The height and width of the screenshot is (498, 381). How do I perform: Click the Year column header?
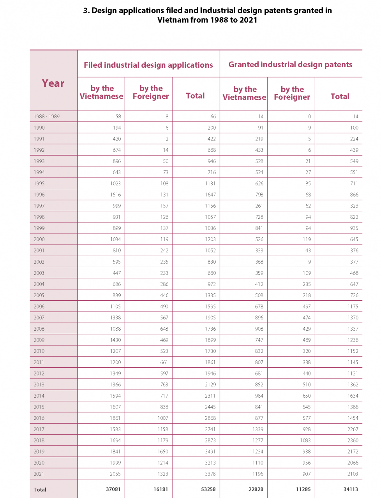pyautogui.click(x=53, y=83)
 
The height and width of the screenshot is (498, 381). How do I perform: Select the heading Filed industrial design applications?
pyautogui.click(x=148, y=65)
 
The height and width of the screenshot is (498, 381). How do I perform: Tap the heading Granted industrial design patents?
pyautogui.click(x=290, y=65)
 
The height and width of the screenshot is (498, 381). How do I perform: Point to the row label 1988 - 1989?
pyautogui.click(x=47, y=116)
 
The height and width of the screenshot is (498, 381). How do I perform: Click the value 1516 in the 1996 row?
pyautogui.click(x=115, y=195)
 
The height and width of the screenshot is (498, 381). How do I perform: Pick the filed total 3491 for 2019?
pyautogui.click(x=210, y=452)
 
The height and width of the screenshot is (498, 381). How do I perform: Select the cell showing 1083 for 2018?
pyautogui.click(x=305, y=440)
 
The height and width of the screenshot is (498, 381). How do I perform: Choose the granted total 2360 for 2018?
pyautogui.click(x=353, y=440)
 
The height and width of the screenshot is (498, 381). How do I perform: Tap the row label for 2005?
pyautogui.click(x=39, y=295)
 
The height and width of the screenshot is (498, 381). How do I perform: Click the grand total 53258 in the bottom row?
pyautogui.click(x=208, y=489)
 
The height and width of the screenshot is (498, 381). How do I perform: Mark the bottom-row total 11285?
pyautogui.click(x=303, y=489)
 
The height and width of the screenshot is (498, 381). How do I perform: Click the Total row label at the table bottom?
pyautogui.click(x=40, y=490)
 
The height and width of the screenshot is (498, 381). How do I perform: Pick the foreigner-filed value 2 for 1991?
pyautogui.click(x=167, y=139)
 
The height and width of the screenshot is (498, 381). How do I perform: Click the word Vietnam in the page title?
pyautogui.click(x=173, y=20)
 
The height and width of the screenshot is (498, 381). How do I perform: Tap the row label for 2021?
pyautogui.click(x=39, y=474)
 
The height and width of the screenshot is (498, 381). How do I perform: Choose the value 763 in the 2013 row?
pyautogui.click(x=164, y=384)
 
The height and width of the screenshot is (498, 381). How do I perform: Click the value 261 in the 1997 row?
pyautogui.click(x=259, y=206)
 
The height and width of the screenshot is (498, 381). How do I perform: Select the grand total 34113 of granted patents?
pyautogui.click(x=351, y=489)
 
